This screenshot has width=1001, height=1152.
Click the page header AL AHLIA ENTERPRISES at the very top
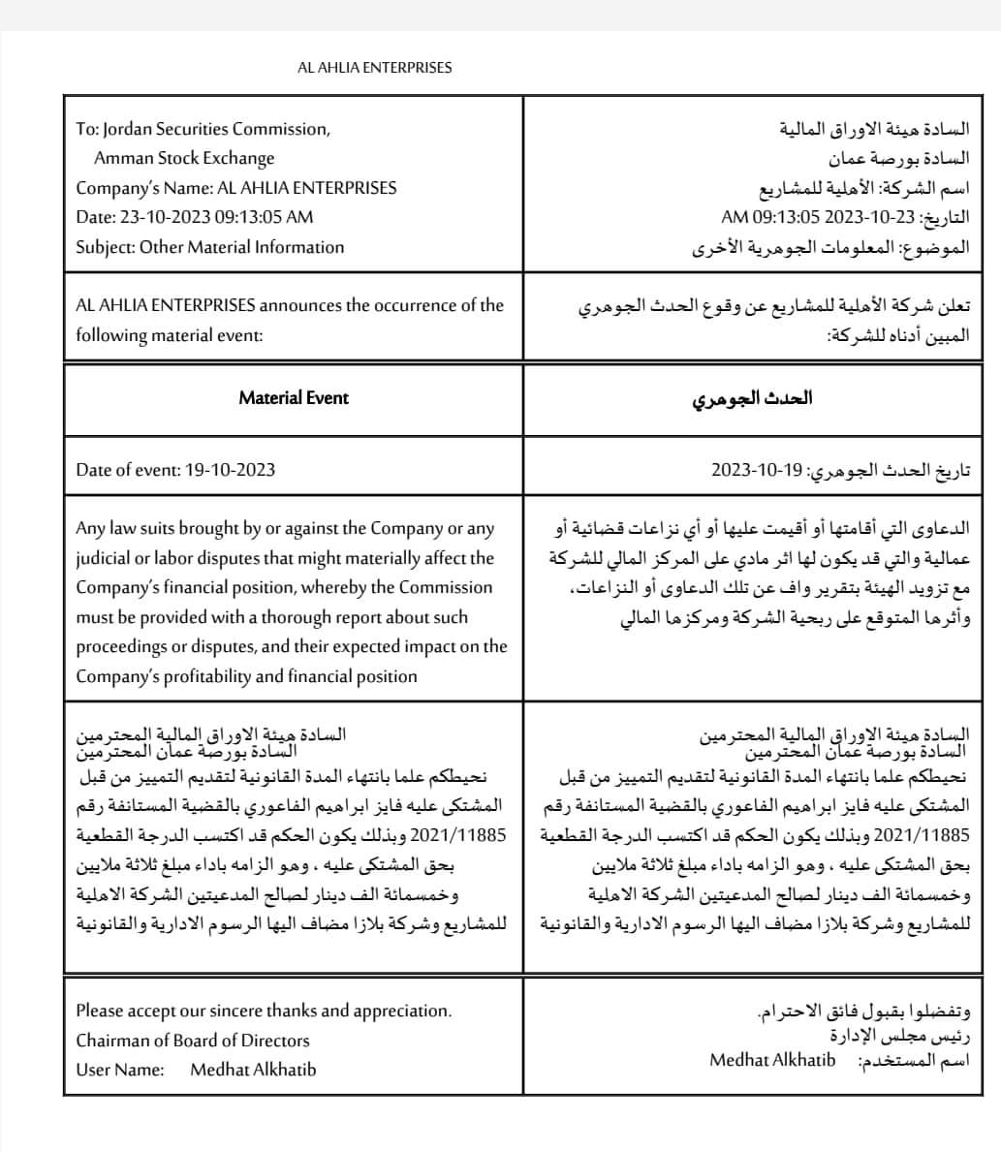click(374, 68)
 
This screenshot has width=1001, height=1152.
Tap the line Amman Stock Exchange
click(184, 158)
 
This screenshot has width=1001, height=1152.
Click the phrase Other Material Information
click(241, 247)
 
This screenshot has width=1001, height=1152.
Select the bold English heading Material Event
click(293, 398)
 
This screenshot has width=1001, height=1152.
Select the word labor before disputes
click(162, 558)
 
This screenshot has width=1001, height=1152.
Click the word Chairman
click(112, 1041)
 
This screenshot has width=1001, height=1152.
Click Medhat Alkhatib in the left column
click(253, 1070)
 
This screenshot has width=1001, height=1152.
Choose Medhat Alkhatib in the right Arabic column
click(772, 1060)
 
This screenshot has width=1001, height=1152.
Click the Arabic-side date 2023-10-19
click(747, 470)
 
